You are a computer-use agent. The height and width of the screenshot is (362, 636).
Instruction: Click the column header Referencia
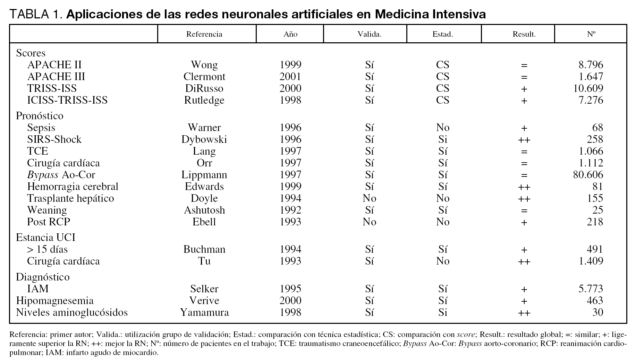(x=204, y=34)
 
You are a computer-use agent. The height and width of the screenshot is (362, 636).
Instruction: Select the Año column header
(x=290, y=34)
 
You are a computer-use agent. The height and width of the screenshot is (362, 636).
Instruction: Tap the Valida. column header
(x=369, y=34)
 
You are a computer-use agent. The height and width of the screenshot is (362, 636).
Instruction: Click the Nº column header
(x=591, y=34)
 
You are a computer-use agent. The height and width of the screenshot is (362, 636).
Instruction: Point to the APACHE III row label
(x=56, y=77)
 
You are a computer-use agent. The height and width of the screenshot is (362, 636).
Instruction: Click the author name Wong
(x=204, y=65)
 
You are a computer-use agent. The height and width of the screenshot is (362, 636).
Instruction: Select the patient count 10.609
(x=588, y=88)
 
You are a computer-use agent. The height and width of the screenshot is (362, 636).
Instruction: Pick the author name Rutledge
(x=204, y=100)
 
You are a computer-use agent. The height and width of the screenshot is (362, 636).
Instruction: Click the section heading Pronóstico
(x=40, y=116)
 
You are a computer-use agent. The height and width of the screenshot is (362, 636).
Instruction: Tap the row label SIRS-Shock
(x=54, y=139)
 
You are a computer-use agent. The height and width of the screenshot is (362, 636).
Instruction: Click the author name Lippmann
(x=204, y=175)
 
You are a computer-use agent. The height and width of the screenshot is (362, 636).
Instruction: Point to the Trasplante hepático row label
(x=70, y=198)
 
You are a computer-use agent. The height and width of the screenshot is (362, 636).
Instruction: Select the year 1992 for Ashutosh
(x=290, y=210)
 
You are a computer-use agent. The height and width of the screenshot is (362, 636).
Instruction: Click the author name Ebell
(x=204, y=222)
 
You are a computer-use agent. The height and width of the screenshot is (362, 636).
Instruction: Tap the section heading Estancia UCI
(x=45, y=238)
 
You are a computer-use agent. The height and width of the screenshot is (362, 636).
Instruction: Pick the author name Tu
(x=204, y=261)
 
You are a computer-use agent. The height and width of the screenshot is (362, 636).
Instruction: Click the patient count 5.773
(x=591, y=289)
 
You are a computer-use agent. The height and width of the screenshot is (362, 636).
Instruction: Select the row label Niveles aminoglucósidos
(x=72, y=312)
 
